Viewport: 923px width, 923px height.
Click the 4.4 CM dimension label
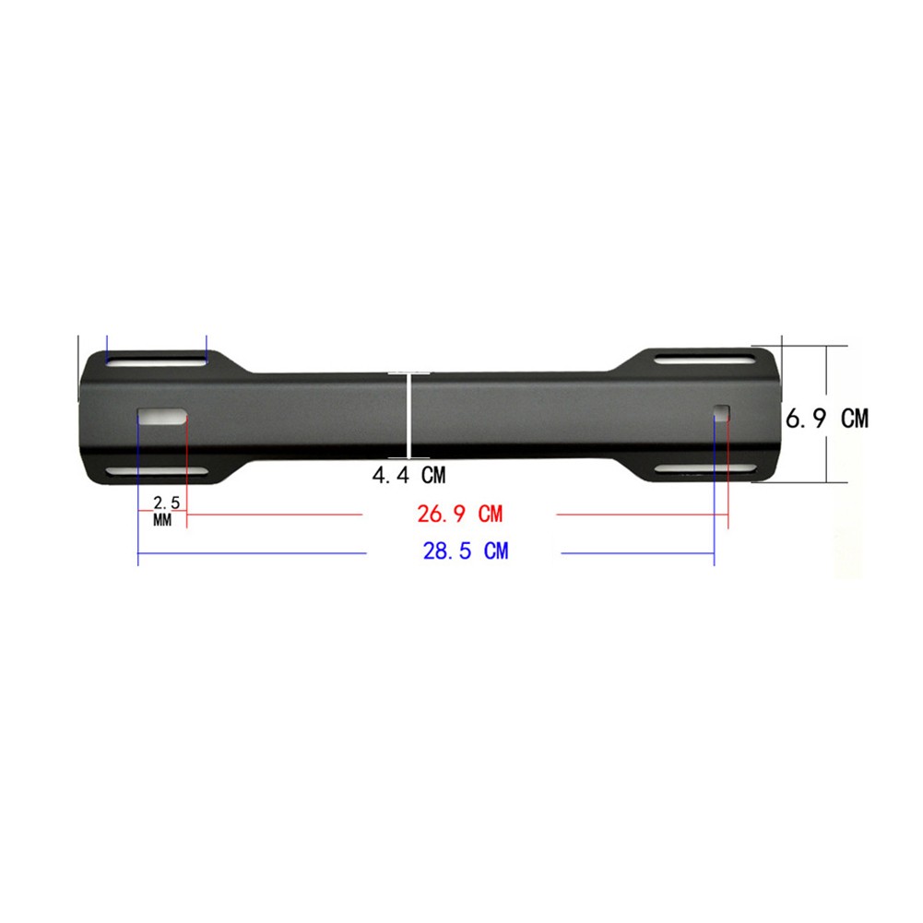pos(408,476)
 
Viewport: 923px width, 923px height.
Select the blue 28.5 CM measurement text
pos(465,552)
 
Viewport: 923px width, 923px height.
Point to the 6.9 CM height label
pos(826,419)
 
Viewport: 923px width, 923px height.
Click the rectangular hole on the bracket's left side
pos(162,416)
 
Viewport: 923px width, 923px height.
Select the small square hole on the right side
pos(722,414)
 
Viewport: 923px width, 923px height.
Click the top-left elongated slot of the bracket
pos(156,361)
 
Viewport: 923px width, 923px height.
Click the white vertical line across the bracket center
pos(408,415)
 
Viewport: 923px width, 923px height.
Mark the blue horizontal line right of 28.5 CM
pos(637,553)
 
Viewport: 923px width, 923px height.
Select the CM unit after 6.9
pos(854,419)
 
